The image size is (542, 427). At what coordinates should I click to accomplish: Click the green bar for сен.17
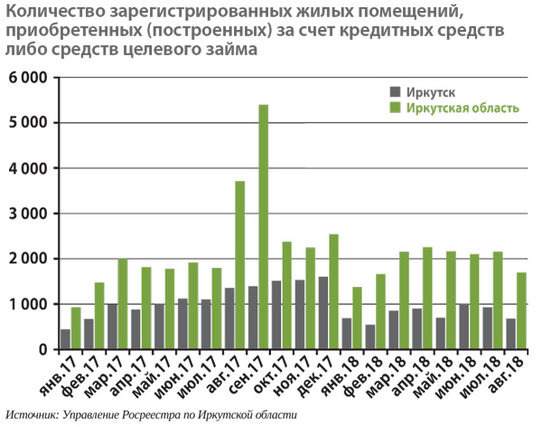point(264,227)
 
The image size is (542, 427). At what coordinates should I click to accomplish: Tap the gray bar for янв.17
point(65,339)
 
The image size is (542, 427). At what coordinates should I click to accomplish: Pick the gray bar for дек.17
point(322,313)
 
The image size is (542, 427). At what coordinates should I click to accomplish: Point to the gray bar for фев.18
point(369,337)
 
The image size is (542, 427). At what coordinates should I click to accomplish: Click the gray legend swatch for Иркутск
point(393,91)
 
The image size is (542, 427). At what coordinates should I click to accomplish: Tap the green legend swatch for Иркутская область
point(393,109)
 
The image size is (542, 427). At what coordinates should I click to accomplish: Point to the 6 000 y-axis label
point(27,78)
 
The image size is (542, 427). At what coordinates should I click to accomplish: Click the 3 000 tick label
point(27,213)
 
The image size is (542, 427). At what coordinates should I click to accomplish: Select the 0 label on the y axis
point(42,350)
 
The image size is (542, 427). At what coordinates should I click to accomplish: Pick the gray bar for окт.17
point(276,315)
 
